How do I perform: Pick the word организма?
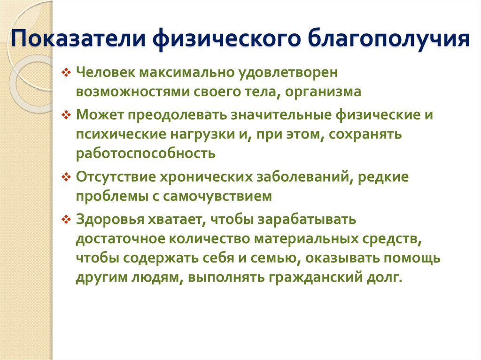click(x=328, y=92)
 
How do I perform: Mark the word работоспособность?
click(x=146, y=153)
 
